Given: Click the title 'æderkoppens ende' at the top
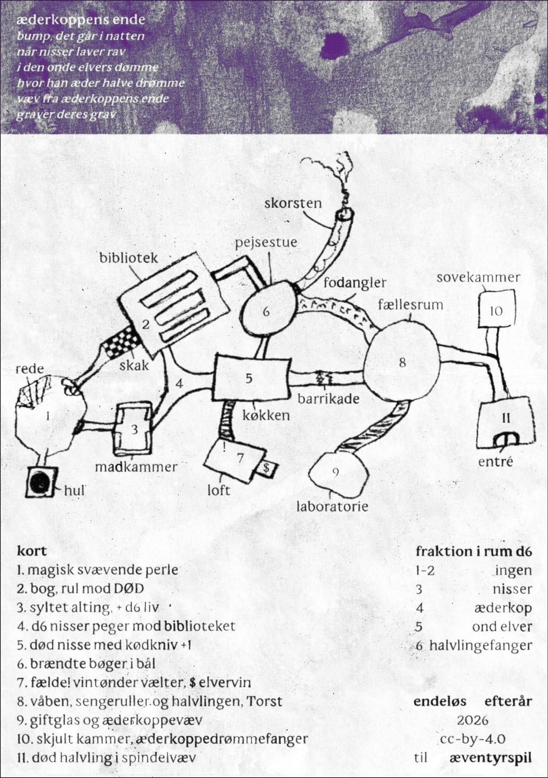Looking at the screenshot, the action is pos(80,20).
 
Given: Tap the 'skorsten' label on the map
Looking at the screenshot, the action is pos(293,203).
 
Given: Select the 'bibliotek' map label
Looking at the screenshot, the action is pos(128,258).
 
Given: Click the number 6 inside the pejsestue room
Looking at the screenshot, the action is pos(266,312).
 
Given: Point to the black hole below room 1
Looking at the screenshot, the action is pos(41,481).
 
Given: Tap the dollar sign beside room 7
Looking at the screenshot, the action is pos(266,468).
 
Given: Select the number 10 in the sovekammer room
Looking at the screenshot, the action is pos(496,311).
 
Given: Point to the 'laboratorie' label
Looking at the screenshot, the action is pos(332,506).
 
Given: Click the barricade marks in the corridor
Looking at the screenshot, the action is pos(323,378).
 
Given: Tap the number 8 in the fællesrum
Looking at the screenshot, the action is pos(402,362).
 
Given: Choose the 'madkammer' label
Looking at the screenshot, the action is pos(136,467).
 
